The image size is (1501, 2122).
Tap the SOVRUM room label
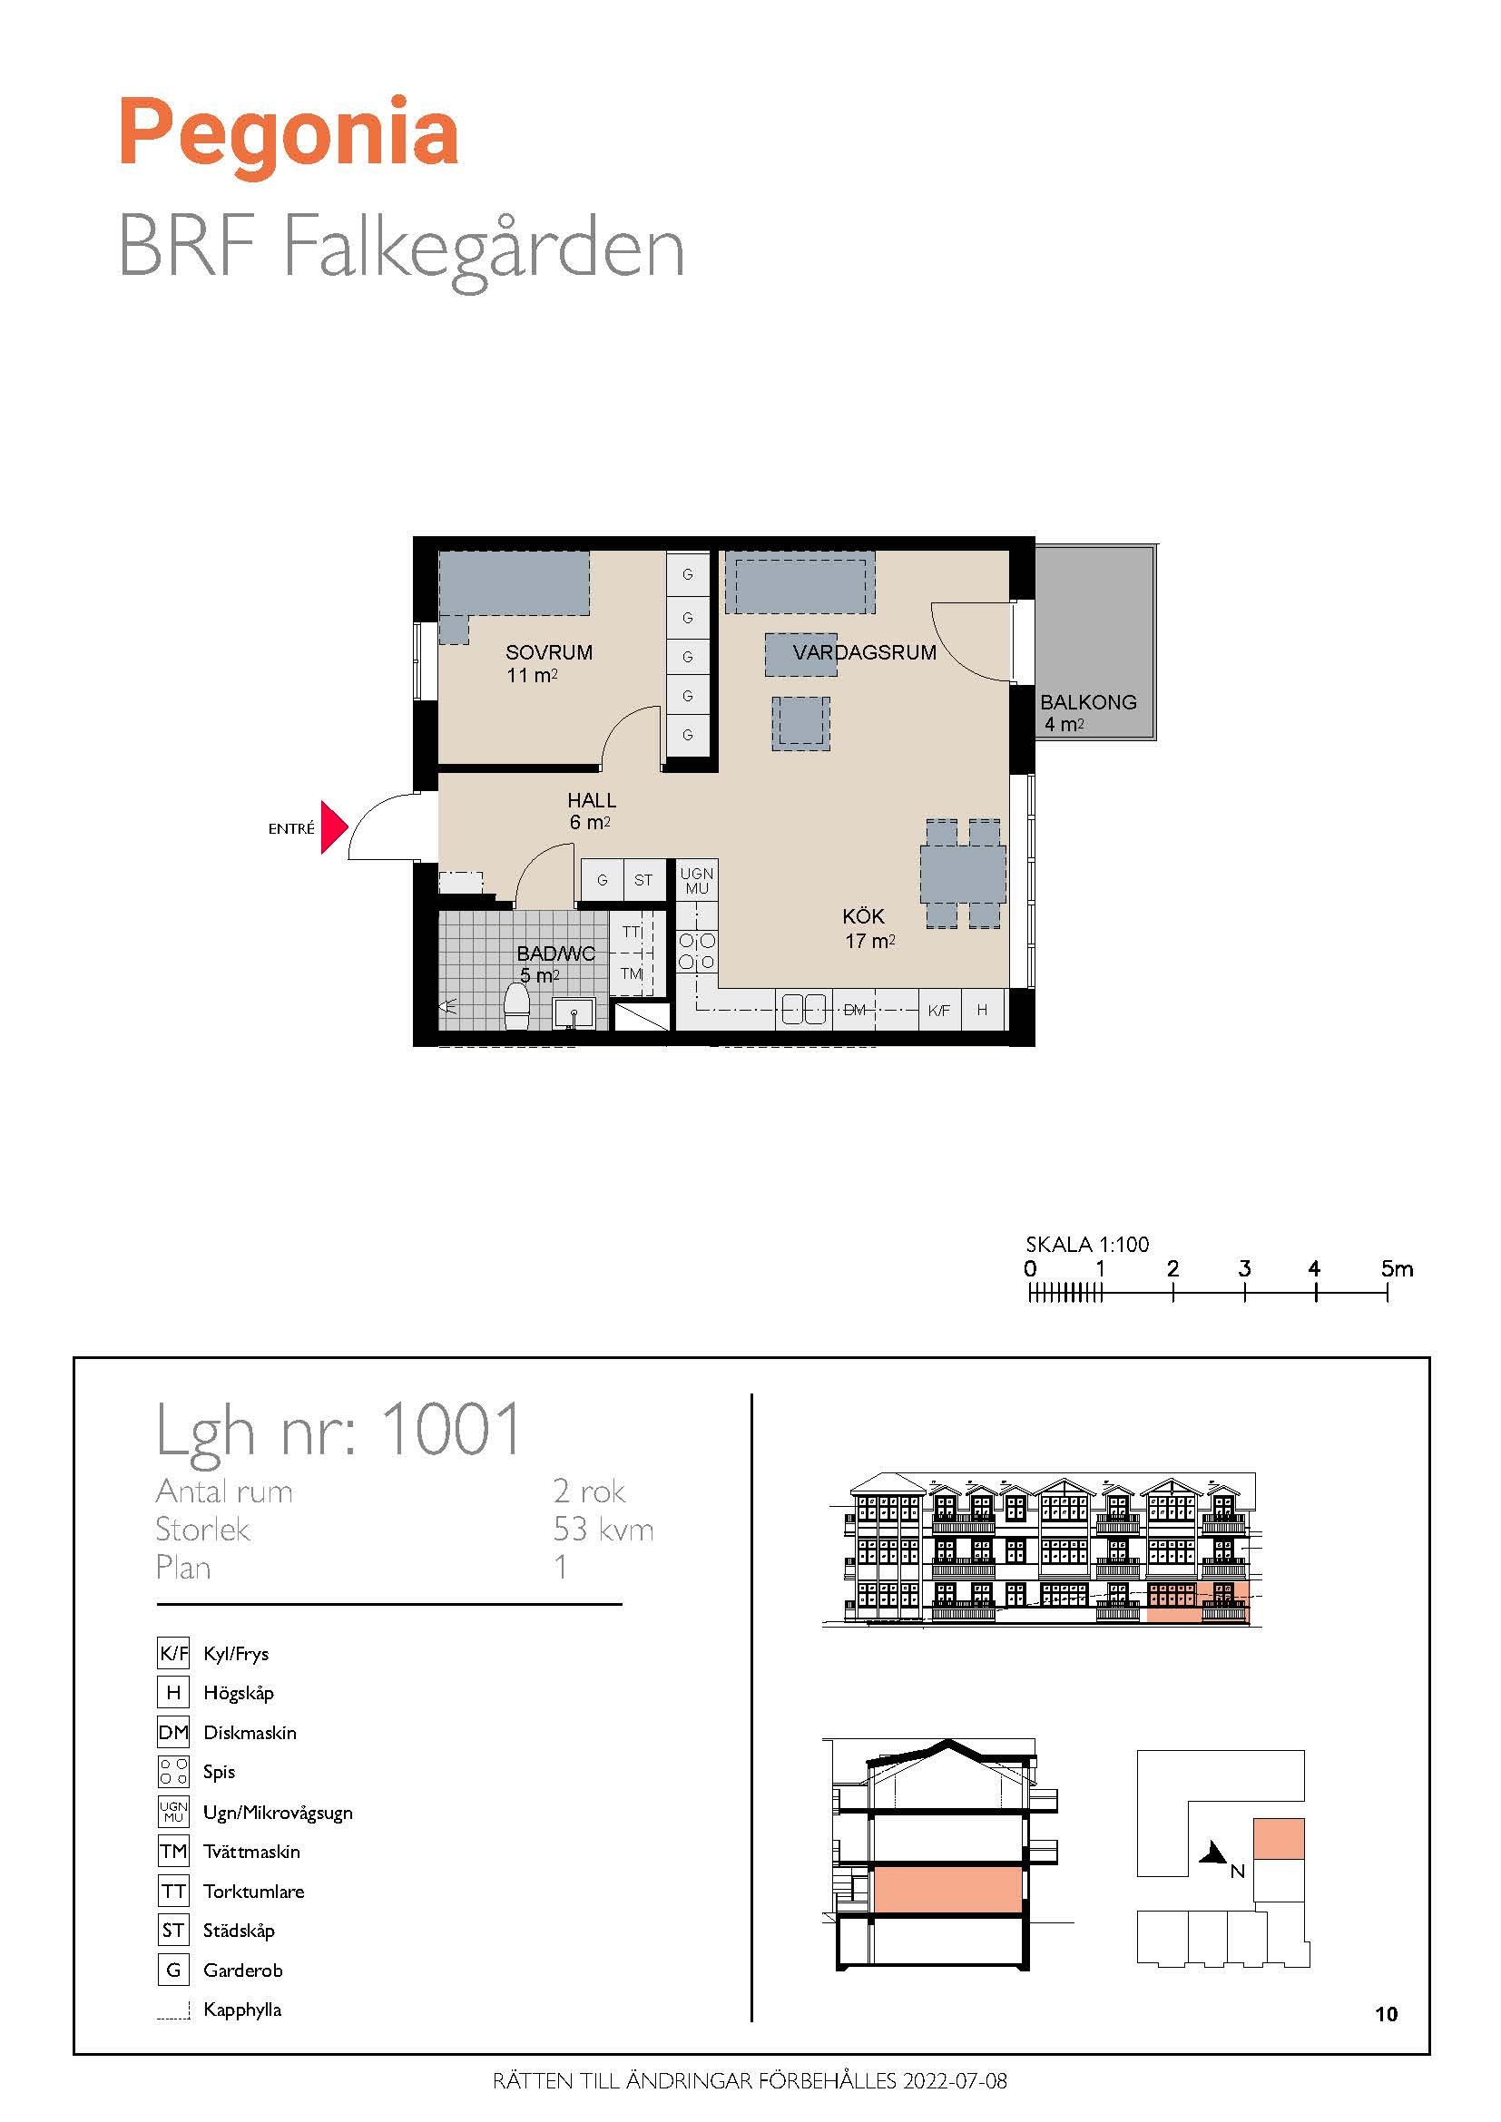click(x=549, y=651)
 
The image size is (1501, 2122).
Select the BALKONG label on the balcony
click(x=1088, y=701)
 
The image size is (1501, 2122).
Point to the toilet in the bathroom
click(x=515, y=1005)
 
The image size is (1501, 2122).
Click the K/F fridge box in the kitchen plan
click(x=939, y=1010)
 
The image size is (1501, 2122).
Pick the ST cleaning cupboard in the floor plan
click(x=643, y=880)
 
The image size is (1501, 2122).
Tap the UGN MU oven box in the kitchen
click(x=696, y=881)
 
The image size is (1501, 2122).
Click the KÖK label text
click(x=863, y=916)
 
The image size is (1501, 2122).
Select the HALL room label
click(x=592, y=800)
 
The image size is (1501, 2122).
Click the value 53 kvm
click(x=603, y=1530)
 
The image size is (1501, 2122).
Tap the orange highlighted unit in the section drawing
click(x=947, y=1889)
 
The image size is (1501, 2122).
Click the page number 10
click(x=1387, y=2014)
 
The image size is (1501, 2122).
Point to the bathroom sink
click(x=574, y=1014)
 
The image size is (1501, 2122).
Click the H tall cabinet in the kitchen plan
click(x=982, y=1010)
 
